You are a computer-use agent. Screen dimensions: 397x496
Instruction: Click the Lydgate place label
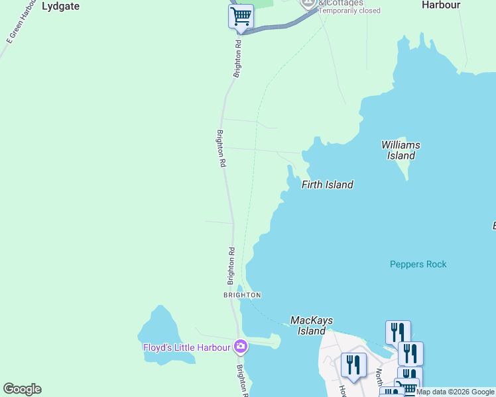[60, 6]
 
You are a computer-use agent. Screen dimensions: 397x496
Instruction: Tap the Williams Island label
[401, 150]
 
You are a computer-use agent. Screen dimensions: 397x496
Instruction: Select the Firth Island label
[328, 185]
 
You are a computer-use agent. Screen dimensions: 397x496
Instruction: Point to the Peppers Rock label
[418, 264]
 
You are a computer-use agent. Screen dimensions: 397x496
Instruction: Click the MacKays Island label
[312, 326]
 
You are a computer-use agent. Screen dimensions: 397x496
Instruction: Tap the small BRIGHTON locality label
[242, 294]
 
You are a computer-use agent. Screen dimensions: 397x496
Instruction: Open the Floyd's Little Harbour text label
[187, 347]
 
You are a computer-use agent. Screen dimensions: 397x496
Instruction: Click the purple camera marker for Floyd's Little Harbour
[241, 346]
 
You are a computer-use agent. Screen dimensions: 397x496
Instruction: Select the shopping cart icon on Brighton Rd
[241, 16]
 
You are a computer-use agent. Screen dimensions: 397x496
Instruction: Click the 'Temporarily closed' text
[349, 11]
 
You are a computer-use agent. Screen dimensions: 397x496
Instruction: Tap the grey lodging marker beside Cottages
[309, 3]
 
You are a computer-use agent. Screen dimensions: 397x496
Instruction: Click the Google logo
[22, 389]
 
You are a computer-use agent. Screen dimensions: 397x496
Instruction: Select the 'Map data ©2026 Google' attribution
[456, 392]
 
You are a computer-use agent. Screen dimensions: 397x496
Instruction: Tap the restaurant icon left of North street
[353, 365]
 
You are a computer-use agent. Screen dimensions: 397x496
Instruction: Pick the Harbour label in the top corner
[441, 5]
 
